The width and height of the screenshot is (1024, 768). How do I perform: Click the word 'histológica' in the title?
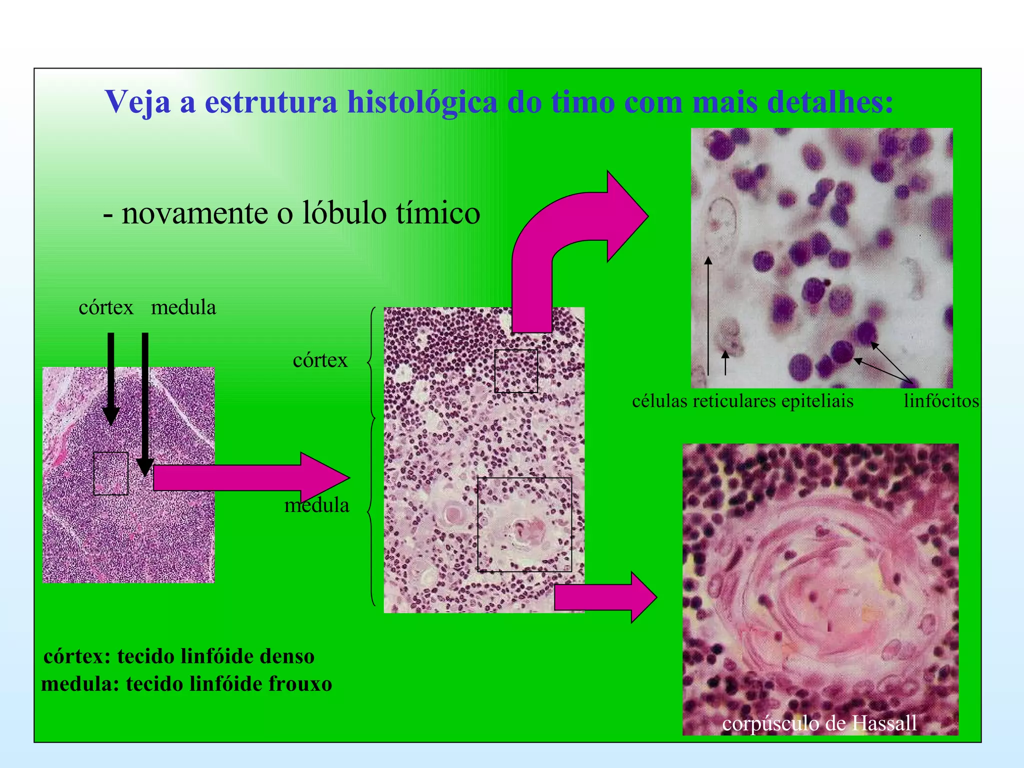tap(422, 102)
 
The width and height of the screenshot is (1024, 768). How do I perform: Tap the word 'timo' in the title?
tap(583, 102)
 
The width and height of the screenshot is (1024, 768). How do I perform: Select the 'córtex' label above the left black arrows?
tap(106, 307)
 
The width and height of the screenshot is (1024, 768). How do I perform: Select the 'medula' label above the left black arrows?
tap(183, 307)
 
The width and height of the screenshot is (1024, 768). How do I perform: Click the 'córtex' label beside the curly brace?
tap(320, 360)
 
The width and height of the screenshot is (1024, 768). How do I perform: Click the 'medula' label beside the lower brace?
tap(316, 505)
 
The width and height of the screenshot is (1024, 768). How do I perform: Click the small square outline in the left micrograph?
tap(111, 473)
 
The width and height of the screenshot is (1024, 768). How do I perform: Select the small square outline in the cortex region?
tap(516, 371)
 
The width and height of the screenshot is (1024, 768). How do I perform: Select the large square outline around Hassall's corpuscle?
tap(524, 524)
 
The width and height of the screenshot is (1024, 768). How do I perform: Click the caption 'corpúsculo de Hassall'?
tap(819, 723)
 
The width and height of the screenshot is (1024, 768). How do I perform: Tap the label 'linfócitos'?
tap(941, 401)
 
